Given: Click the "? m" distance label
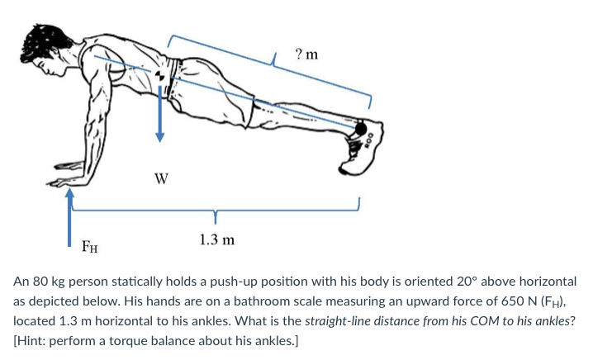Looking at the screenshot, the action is pyautogui.click(x=306, y=54).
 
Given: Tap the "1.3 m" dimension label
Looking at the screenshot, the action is pyautogui.click(x=216, y=239).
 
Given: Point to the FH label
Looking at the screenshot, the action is pyautogui.click(x=89, y=244).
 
